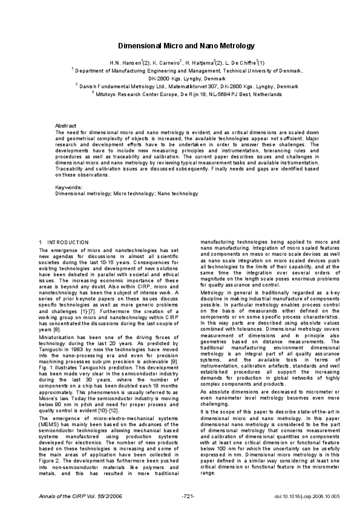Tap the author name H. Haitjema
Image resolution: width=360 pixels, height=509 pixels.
click(201, 62)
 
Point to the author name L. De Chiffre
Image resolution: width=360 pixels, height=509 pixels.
click(240, 62)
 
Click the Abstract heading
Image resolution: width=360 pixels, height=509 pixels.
click(65, 125)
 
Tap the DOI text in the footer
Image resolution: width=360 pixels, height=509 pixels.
click(290, 495)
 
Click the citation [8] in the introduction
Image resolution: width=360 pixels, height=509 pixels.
click(57, 312)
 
